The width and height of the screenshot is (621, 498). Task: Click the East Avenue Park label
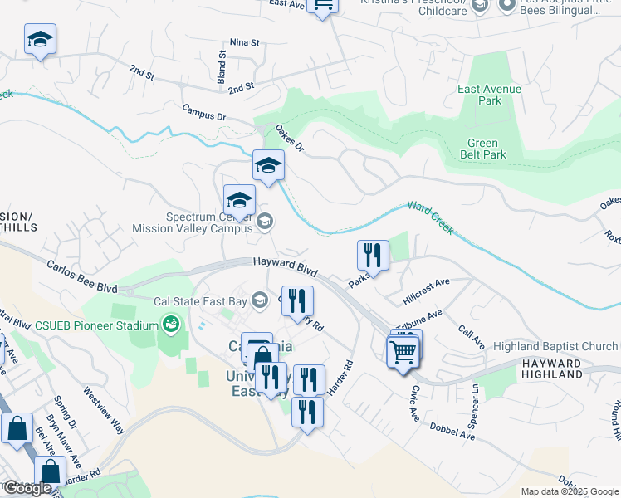tap(489, 95)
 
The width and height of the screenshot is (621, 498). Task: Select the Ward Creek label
tap(429, 217)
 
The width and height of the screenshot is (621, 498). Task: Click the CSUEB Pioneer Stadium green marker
tap(172, 323)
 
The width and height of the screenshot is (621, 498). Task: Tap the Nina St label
tap(245, 41)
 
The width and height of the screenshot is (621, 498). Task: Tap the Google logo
tap(27, 488)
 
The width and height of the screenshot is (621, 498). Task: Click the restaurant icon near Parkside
tap(372, 255)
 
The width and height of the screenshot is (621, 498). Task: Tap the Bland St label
tap(222, 66)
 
